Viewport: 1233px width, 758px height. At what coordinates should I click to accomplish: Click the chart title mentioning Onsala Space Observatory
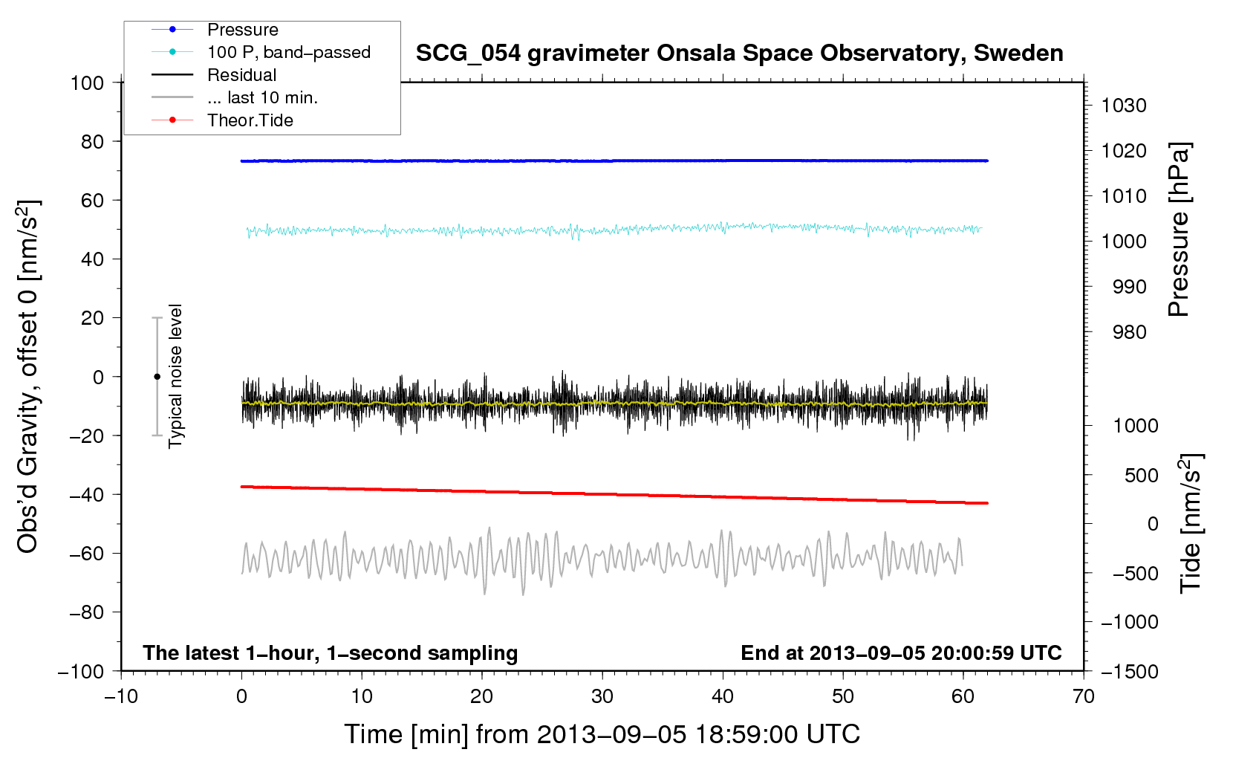(x=739, y=54)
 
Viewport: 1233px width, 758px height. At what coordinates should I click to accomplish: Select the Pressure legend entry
(x=242, y=30)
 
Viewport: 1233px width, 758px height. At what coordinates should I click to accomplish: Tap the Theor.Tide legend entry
(x=250, y=120)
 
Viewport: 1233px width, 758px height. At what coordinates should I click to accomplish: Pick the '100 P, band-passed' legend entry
(x=288, y=52)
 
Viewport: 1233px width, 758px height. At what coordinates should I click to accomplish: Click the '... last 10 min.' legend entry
(x=262, y=97)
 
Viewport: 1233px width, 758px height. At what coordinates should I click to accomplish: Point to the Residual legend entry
(x=241, y=75)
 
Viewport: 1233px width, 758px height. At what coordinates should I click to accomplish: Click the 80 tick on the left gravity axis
(x=92, y=141)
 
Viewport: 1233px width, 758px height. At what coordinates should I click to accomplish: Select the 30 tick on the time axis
(x=602, y=696)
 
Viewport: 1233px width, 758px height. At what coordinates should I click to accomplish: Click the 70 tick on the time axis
(x=1084, y=696)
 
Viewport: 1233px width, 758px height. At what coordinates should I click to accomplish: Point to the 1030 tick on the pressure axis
(x=1124, y=106)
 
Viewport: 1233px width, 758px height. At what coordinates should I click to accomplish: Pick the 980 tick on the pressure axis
(x=1129, y=332)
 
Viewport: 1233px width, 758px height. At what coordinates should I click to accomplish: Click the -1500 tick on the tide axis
(x=1129, y=671)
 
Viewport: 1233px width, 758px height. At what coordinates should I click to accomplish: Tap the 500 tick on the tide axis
(x=1141, y=475)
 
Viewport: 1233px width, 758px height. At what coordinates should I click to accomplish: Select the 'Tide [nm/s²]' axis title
(x=1191, y=522)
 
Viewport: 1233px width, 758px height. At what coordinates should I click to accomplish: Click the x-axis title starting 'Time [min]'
(x=602, y=734)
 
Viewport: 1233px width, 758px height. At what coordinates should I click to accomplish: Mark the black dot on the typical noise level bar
(x=157, y=377)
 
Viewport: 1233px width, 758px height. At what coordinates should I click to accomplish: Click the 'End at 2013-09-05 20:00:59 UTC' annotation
(x=901, y=652)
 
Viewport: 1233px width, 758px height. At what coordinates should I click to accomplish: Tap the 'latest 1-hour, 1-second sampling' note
(x=330, y=652)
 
